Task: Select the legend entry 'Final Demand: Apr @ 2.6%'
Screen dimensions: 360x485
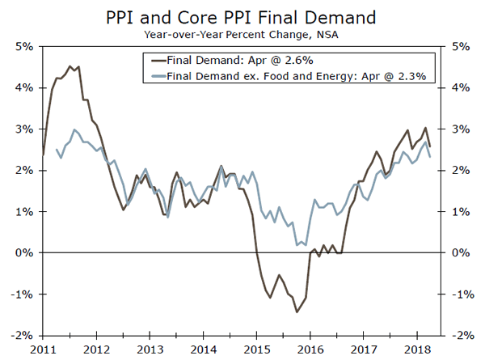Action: [x=235, y=59]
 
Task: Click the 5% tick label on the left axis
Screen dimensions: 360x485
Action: [x=22, y=46]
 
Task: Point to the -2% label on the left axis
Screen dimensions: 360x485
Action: [x=20, y=335]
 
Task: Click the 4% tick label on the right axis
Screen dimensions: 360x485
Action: [x=462, y=87]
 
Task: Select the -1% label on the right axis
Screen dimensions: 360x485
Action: [x=463, y=294]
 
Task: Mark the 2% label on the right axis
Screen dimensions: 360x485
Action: [x=462, y=170]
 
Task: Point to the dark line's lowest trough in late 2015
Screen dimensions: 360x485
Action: [x=297, y=311]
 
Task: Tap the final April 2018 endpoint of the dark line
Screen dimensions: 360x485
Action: [x=430, y=146]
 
